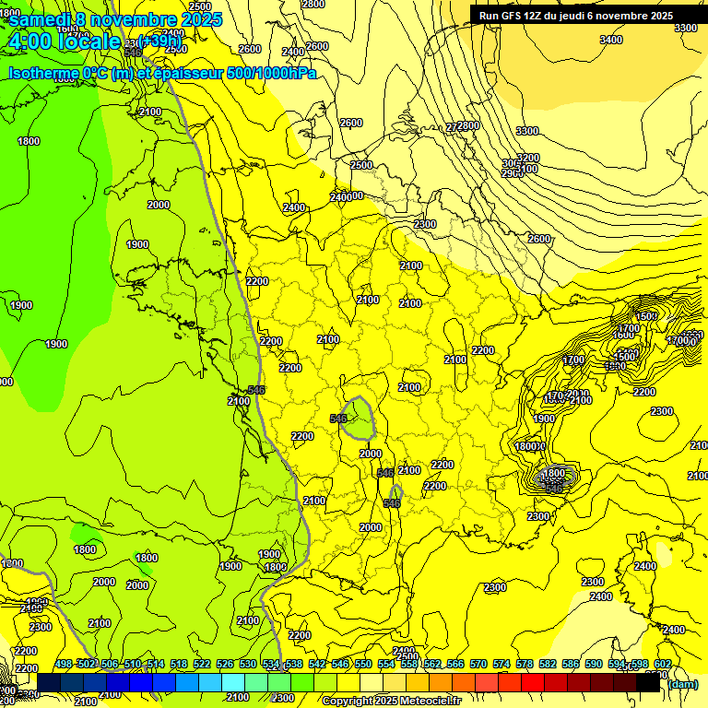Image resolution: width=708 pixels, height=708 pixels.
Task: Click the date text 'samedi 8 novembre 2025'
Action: coord(115,19)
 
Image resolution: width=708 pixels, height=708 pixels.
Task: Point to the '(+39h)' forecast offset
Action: coord(160,41)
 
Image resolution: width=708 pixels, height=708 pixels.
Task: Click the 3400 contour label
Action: coord(610,40)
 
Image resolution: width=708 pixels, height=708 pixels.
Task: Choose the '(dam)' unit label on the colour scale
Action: coord(682,683)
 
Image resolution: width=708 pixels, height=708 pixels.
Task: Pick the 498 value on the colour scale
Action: coord(64,664)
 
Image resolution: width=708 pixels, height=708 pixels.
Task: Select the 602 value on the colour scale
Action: coord(663,664)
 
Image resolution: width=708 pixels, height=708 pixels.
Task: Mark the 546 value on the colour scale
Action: coord(340,664)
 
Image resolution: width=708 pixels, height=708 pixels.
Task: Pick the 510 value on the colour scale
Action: coord(133,664)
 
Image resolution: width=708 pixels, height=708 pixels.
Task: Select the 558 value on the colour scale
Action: coord(409,664)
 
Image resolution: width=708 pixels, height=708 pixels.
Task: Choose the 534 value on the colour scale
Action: coord(271,664)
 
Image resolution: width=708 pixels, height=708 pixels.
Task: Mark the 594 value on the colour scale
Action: coord(617,664)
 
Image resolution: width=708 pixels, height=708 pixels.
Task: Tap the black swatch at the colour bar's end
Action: coord(648,683)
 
